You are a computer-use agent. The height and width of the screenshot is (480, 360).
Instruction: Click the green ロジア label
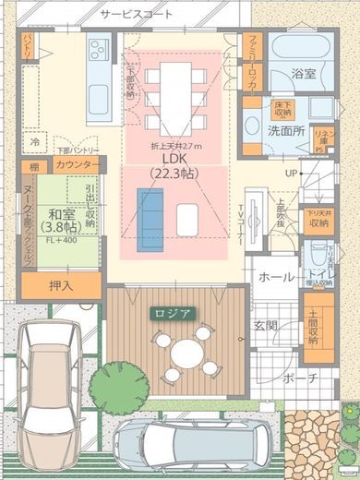coord(173,313)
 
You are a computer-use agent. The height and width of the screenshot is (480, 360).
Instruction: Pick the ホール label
coord(276,276)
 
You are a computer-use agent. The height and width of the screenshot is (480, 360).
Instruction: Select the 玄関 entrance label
coord(266,324)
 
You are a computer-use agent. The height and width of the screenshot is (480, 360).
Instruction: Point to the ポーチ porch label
coord(300,378)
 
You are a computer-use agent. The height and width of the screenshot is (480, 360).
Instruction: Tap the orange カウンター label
coord(78,165)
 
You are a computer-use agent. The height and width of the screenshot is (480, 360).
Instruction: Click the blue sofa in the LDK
coord(149,213)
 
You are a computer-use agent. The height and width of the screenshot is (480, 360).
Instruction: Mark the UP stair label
coord(292,173)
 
